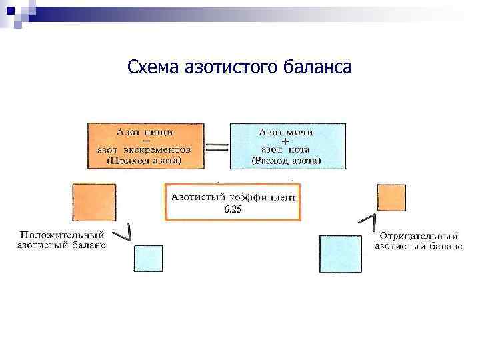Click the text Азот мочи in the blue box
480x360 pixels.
[x=286, y=132]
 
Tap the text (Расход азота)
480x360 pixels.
[x=286, y=161]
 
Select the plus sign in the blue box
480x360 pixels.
[x=286, y=142]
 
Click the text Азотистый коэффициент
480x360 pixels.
[x=233, y=197]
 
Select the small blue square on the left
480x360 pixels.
[x=148, y=258]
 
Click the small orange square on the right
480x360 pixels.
[x=391, y=198]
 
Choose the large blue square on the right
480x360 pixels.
[x=341, y=253]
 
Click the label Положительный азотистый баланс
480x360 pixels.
[x=61, y=240]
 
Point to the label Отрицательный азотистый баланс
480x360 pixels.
[x=418, y=240]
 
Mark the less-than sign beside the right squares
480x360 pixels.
[x=367, y=221]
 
